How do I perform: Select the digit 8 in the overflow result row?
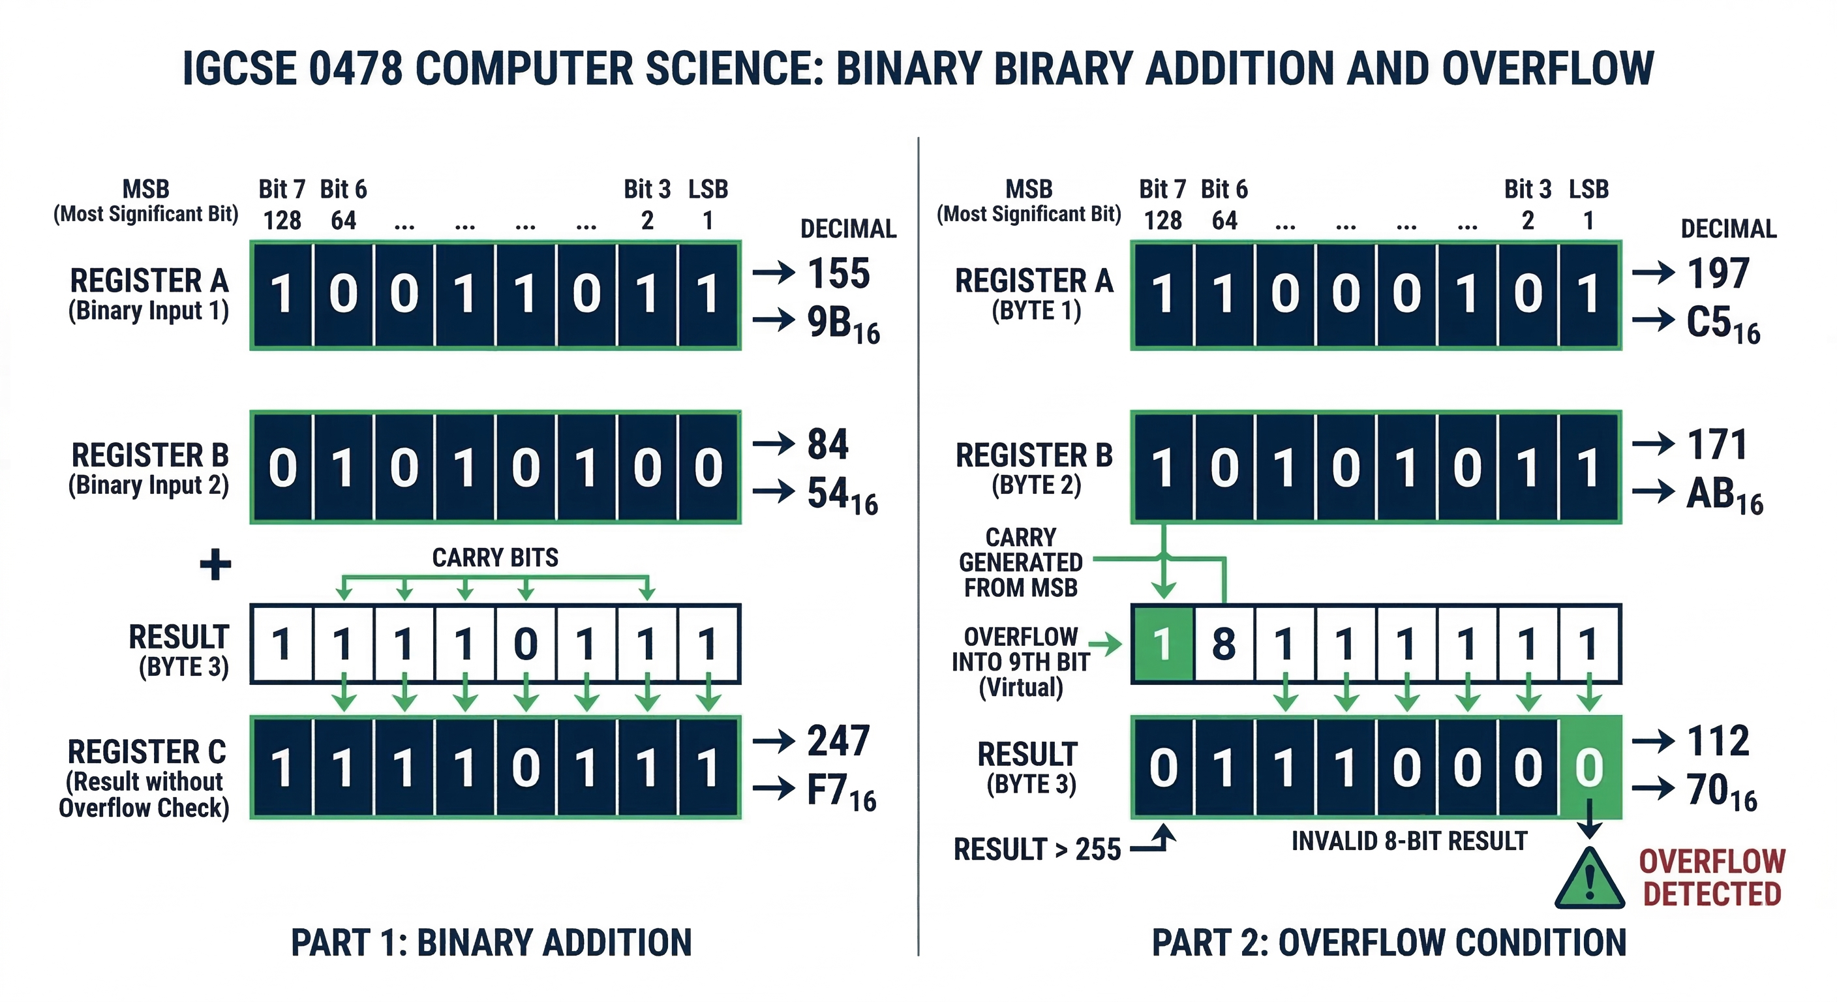(x=1223, y=644)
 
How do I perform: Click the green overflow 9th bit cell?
(x=1162, y=644)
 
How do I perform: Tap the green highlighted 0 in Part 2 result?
(x=1589, y=767)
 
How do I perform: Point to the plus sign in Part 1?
(x=215, y=565)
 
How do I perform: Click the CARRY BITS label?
(x=495, y=557)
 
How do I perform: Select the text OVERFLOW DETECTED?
(x=1712, y=878)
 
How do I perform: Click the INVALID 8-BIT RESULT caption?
(x=1409, y=841)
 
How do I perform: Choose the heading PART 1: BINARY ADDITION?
(x=491, y=942)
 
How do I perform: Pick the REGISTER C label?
(x=147, y=751)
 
